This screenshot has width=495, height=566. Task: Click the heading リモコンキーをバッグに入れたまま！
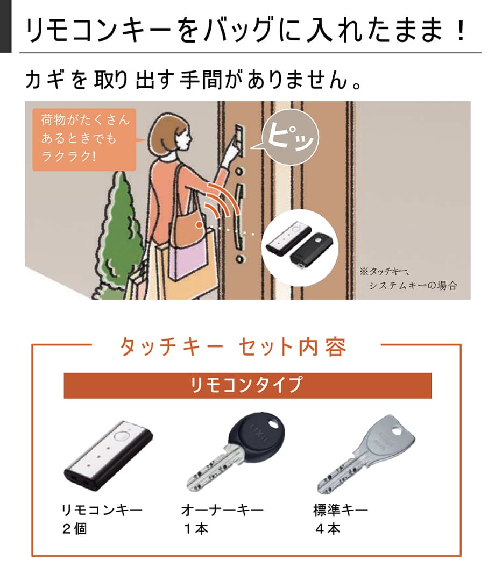pos(246,30)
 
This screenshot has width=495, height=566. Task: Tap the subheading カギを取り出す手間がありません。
pos(194,80)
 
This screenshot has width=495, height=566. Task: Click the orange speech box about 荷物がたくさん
pos(84,139)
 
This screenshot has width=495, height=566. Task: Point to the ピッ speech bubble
pos(289,137)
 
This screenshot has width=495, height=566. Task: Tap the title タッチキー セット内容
pos(233,347)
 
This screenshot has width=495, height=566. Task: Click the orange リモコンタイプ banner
pos(247,386)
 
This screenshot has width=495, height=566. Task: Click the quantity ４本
pos(327,529)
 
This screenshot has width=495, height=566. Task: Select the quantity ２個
pos(74,529)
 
